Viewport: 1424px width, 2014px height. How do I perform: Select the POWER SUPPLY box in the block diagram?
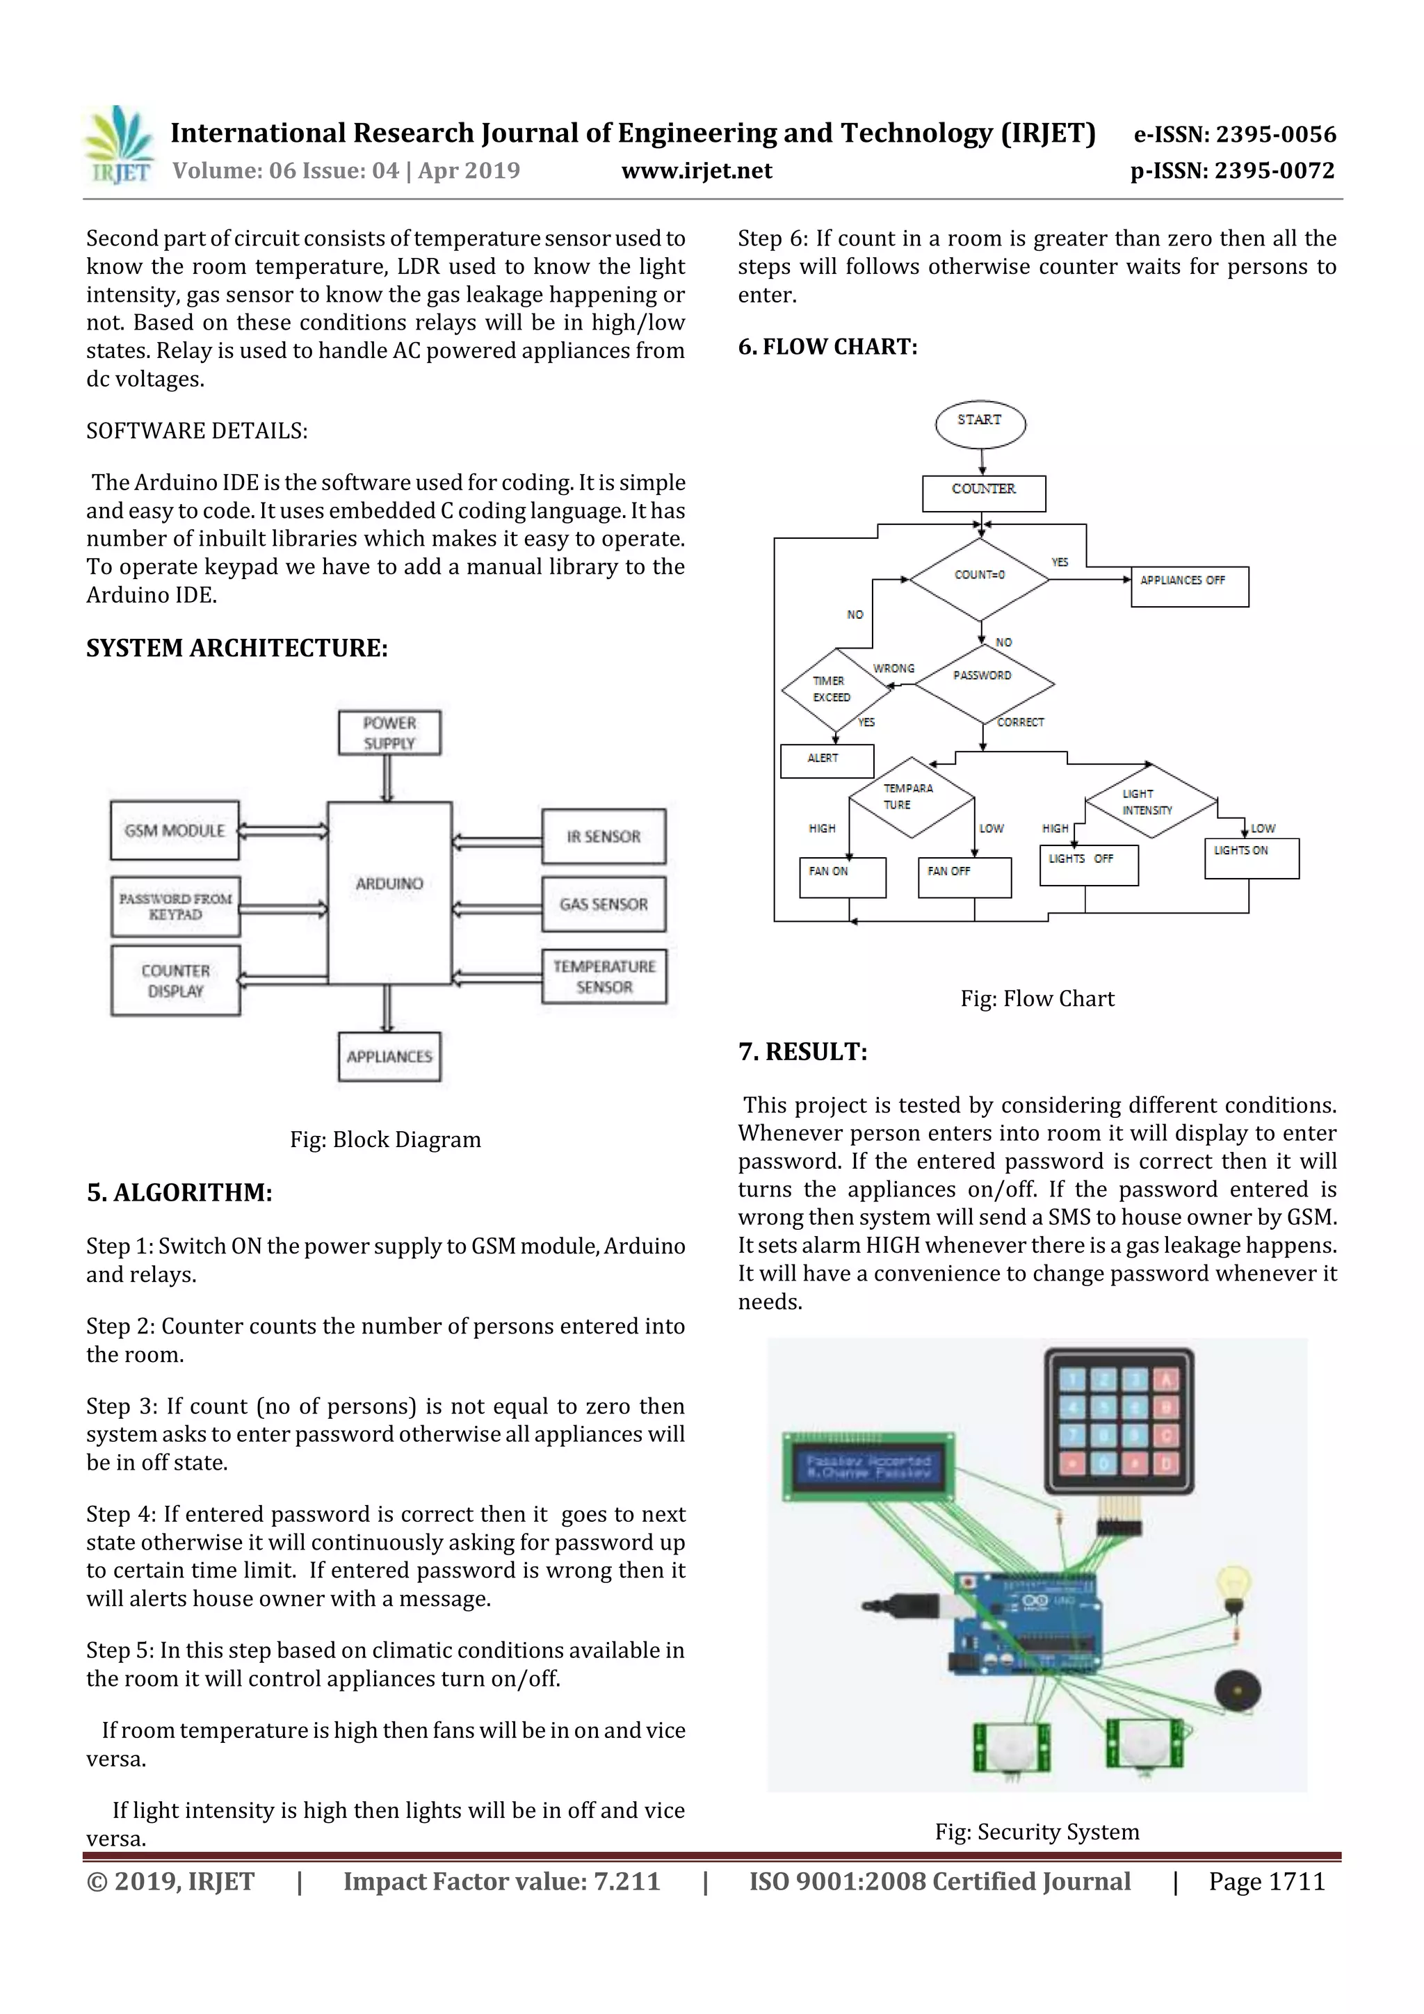389,733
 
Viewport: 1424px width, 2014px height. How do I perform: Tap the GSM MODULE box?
175,830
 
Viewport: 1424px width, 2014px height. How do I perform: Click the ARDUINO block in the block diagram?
389,892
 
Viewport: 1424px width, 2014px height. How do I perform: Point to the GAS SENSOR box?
604,904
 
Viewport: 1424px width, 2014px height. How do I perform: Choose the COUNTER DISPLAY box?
175,981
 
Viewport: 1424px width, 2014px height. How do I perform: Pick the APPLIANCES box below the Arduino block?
389,1057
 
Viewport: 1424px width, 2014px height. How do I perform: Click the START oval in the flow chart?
980,423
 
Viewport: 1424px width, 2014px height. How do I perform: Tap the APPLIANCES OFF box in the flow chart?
1189,587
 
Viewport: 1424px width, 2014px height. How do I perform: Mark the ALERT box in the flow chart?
827,761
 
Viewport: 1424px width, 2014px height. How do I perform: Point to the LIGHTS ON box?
1250,858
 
